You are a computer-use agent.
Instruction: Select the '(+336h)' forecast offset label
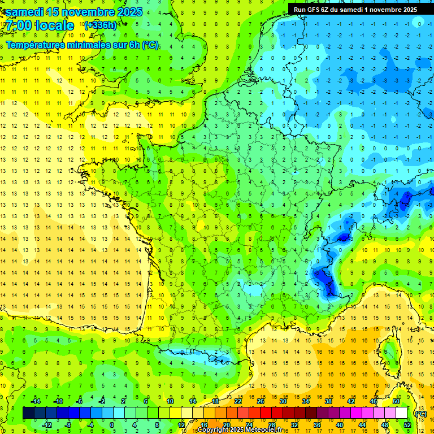click(100, 25)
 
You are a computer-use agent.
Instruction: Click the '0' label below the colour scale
click(112, 425)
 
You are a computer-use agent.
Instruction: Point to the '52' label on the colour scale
click(406, 425)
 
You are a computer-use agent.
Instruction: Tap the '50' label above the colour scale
click(396, 401)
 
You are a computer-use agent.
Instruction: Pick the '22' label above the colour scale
click(238, 401)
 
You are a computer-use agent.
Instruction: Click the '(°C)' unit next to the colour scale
click(420, 414)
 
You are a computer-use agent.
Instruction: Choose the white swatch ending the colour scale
click(401, 413)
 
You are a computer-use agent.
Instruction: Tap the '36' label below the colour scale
click(316, 425)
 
